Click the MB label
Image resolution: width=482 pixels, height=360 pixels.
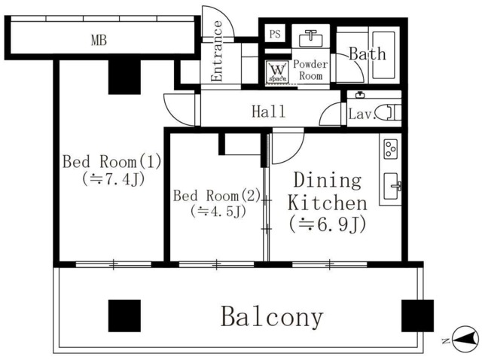pyautogui.click(x=98, y=40)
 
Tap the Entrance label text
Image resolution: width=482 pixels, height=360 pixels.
pyautogui.click(x=218, y=51)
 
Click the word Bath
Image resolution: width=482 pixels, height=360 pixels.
pyautogui.click(x=367, y=54)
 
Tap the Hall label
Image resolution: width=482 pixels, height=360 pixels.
pyautogui.click(x=268, y=112)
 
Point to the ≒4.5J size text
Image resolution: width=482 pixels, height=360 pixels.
pyautogui.click(x=218, y=212)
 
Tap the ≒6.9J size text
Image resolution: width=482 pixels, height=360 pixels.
pyautogui.click(x=326, y=224)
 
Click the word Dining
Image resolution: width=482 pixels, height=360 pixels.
pyautogui.click(x=327, y=181)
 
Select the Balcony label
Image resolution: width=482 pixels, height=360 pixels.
pyautogui.click(x=272, y=317)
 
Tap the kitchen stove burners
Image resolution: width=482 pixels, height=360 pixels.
pyautogui.click(x=391, y=149)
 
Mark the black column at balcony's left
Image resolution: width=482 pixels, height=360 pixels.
pyautogui.click(x=124, y=316)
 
